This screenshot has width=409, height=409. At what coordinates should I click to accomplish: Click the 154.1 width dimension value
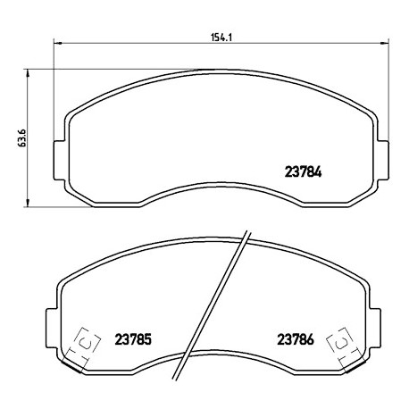pos(221,38)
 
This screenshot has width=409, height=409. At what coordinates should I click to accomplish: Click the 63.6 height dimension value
pos(21,138)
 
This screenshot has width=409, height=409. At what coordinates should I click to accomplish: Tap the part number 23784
pos(304,171)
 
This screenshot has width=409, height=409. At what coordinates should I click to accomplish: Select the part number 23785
pos(133,339)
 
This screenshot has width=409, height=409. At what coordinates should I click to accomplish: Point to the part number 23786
pos(296,339)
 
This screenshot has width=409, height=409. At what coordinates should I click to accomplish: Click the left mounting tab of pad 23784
pos(59,160)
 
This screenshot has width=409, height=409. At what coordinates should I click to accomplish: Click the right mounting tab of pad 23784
pos(383,160)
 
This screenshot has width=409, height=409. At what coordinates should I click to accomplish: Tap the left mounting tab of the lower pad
pos(51,328)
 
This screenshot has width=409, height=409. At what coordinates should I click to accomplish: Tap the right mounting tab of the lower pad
pos(375,328)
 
